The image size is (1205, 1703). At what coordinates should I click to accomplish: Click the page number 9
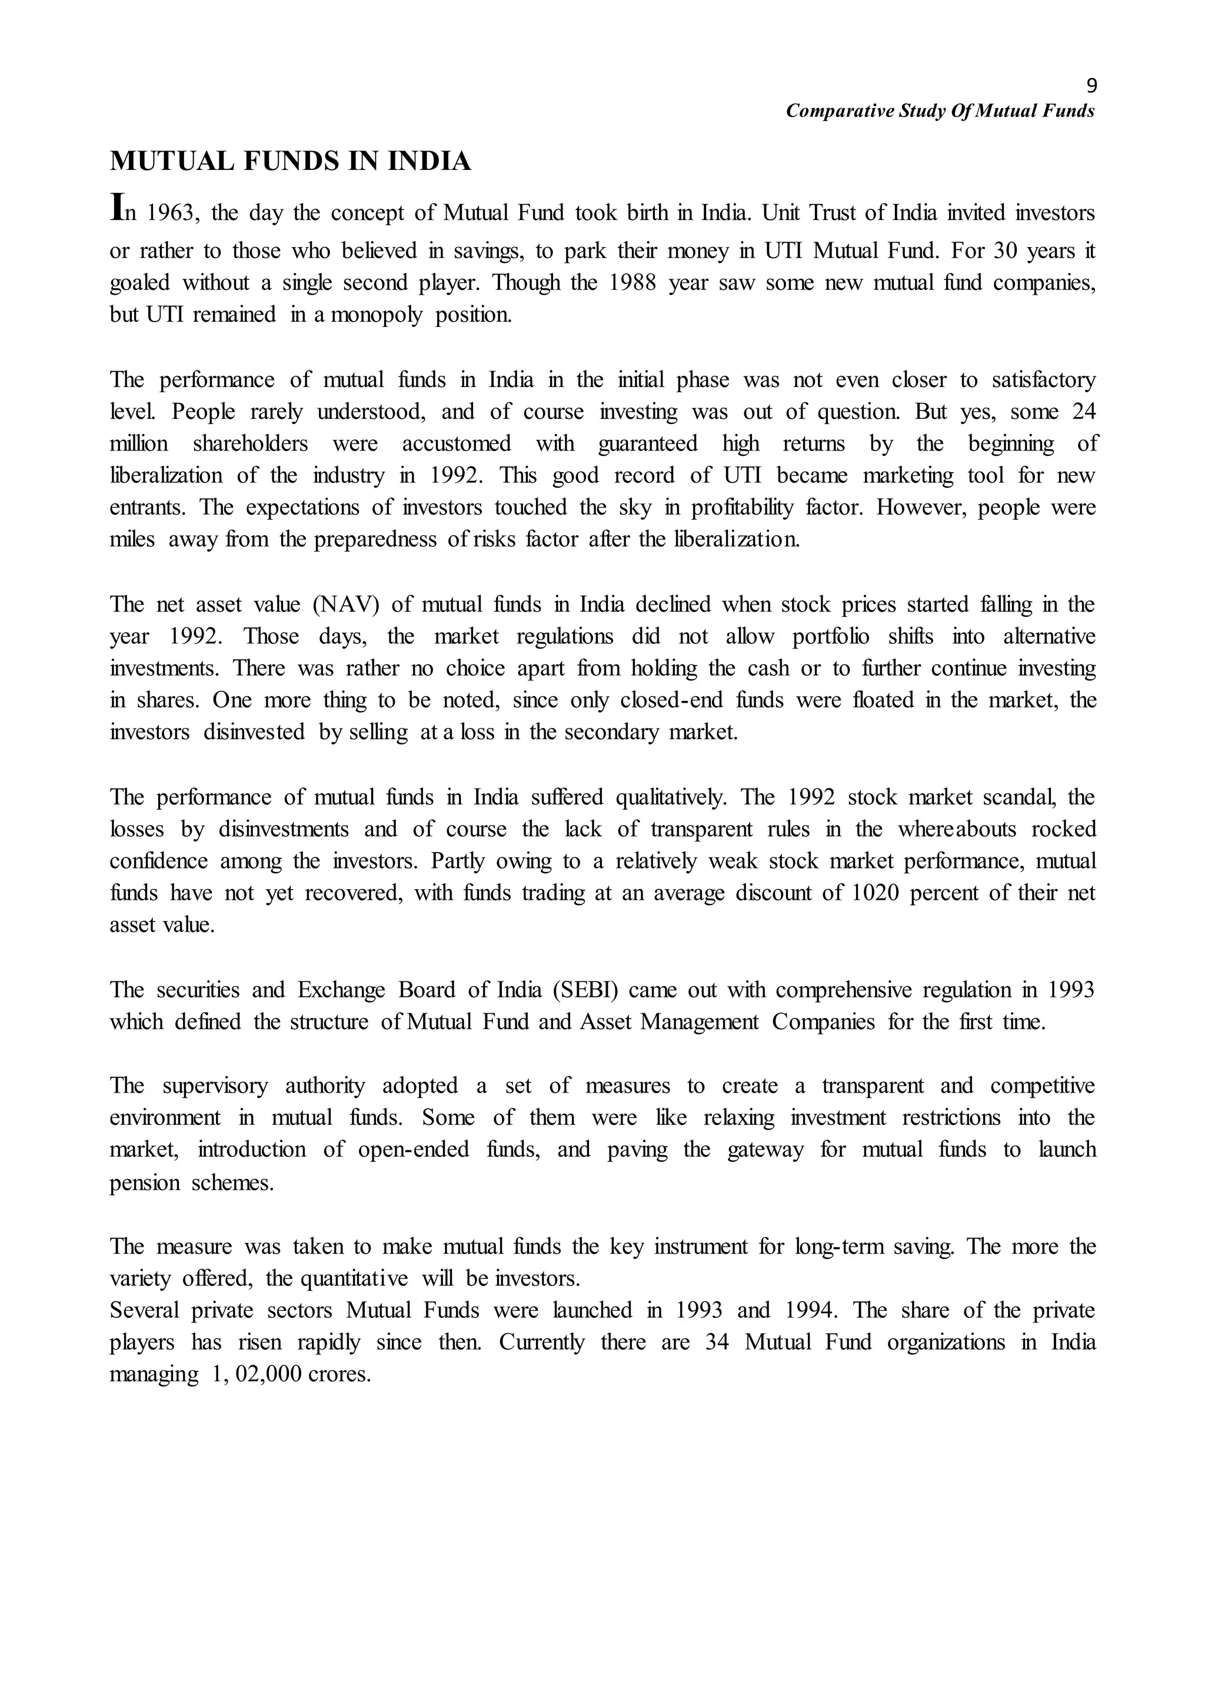pyautogui.click(x=1091, y=86)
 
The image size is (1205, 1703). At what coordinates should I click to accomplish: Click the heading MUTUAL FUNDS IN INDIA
pyautogui.click(x=290, y=162)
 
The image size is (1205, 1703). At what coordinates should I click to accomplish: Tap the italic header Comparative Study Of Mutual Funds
pyautogui.click(x=940, y=111)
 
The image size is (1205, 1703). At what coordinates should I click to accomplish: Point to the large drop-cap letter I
pyautogui.click(x=116, y=207)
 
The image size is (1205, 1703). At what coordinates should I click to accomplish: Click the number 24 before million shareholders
pyautogui.click(x=1084, y=412)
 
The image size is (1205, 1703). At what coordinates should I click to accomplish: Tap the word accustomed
pyautogui.click(x=457, y=443)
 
